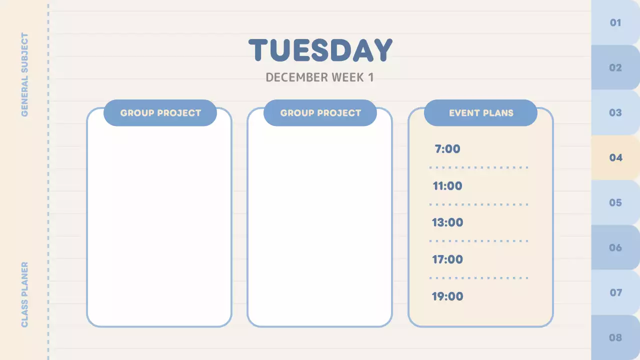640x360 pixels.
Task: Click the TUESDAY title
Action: click(320, 50)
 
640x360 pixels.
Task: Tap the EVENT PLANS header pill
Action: click(480, 113)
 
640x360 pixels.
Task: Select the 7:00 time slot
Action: click(447, 149)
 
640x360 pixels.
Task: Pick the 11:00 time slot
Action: click(447, 186)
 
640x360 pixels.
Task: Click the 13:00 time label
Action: click(447, 222)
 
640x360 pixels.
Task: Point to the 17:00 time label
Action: click(447, 259)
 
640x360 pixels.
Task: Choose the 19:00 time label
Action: click(447, 296)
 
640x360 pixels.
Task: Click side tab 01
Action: click(615, 22)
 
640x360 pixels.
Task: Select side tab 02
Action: click(615, 67)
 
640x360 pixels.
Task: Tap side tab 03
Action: click(615, 112)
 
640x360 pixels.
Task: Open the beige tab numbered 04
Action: click(615, 157)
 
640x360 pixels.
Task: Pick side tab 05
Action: click(615, 202)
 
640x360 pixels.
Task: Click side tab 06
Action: click(615, 247)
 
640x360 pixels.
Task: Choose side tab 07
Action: click(615, 292)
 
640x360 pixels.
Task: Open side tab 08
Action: click(615, 337)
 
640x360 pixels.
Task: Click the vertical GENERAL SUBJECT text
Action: click(24, 75)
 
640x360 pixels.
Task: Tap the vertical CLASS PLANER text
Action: click(24, 295)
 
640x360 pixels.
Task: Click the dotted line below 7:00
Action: click(478, 167)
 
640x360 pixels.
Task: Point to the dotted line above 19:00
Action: click(478, 278)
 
